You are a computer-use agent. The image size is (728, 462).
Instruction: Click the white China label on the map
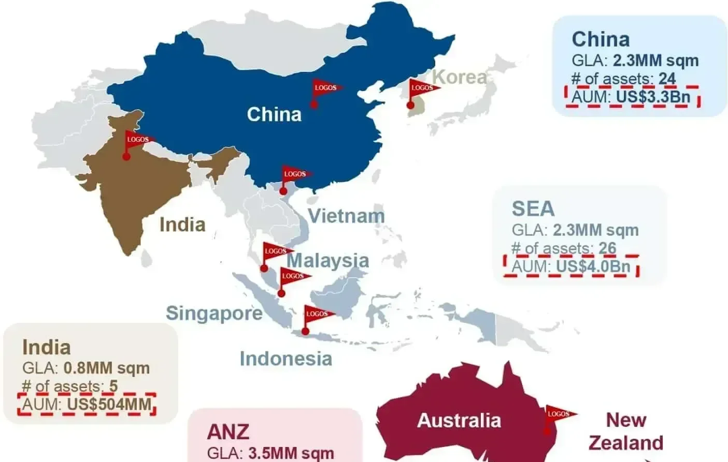[x=274, y=114]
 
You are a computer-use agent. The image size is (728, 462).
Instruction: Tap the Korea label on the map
[x=459, y=77]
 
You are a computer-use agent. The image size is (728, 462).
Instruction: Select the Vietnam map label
[x=346, y=216]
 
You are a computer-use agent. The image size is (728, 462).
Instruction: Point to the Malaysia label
[x=327, y=260]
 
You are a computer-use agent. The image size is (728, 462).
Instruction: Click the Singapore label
[x=214, y=313]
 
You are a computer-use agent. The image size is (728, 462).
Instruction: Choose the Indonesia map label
[x=286, y=359]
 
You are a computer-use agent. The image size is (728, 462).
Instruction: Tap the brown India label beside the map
[x=182, y=225]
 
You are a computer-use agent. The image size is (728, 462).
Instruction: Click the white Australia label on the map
[x=459, y=421]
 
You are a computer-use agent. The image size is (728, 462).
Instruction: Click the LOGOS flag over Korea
[x=422, y=88]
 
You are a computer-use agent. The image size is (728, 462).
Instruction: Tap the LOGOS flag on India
[x=138, y=140]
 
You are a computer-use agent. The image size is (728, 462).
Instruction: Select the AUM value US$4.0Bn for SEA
[x=593, y=266]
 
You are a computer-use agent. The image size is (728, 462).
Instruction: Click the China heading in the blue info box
[x=601, y=39]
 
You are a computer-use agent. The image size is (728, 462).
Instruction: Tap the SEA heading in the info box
[x=533, y=209]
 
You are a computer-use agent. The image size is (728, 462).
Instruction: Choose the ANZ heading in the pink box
[x=228, y=432]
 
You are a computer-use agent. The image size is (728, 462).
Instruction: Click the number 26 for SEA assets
[x=607, y=248]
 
